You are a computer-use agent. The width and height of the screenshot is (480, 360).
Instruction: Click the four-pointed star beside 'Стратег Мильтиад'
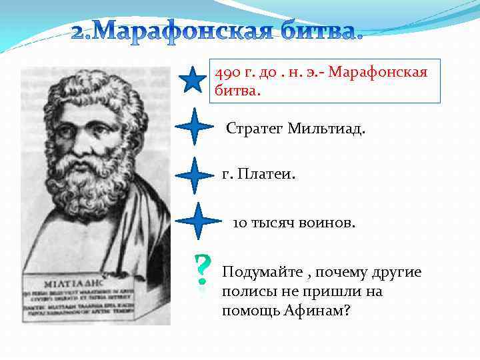point(193,126)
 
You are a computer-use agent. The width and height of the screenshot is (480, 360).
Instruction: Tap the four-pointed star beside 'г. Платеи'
point(193,175)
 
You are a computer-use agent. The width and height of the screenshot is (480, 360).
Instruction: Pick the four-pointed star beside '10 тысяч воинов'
point(198,222)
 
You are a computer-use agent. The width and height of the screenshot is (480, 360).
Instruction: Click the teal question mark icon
point(201,274)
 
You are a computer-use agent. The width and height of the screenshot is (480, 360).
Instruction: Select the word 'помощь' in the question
point(248,311)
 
